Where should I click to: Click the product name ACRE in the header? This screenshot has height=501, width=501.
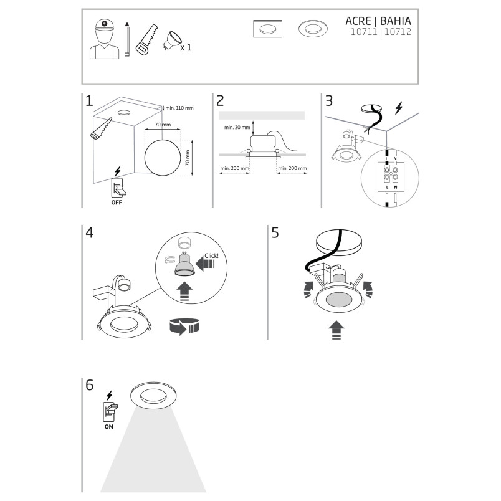coord(358,21)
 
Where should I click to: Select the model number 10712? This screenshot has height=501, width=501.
coord(398,32)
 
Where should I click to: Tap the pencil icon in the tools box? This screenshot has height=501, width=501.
coord(127,39)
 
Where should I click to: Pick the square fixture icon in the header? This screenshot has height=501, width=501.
coord(268,29)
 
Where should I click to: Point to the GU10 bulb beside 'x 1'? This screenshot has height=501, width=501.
coord(171,41)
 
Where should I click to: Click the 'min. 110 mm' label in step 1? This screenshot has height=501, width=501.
coord(179,108)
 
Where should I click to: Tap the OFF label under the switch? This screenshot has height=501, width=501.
coord(117,203)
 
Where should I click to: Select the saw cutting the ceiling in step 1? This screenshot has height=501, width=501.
coord(102,128)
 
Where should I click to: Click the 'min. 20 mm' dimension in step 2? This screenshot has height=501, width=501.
coord(237,128)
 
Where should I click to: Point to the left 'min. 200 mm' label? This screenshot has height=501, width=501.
coord(234,168)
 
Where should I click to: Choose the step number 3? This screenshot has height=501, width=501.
coord(329,101)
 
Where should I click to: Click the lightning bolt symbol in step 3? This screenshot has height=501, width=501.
coord(398,108)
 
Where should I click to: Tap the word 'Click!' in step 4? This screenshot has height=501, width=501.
coord(211,256)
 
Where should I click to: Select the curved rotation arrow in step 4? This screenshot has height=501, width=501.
coord(183,327)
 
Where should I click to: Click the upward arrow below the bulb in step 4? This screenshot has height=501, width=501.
coord(184,292)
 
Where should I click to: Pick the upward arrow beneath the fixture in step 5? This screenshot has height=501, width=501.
coord(336,330)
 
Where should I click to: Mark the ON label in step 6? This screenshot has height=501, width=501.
coord(108,427)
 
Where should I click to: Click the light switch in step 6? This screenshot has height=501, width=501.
coord(110,412)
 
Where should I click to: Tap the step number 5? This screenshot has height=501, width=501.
coord(275,233)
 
